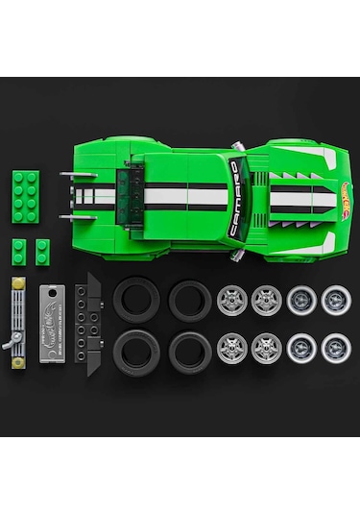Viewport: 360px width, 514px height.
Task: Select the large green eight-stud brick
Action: pos(27,190)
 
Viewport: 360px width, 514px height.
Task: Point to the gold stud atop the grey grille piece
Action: pos(16,285)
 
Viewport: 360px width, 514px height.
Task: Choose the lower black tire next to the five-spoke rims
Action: pos(190,351)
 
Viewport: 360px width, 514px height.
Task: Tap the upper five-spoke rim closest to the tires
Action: pos(231,300)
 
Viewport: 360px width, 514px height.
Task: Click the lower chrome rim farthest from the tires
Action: pos(335,348)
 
